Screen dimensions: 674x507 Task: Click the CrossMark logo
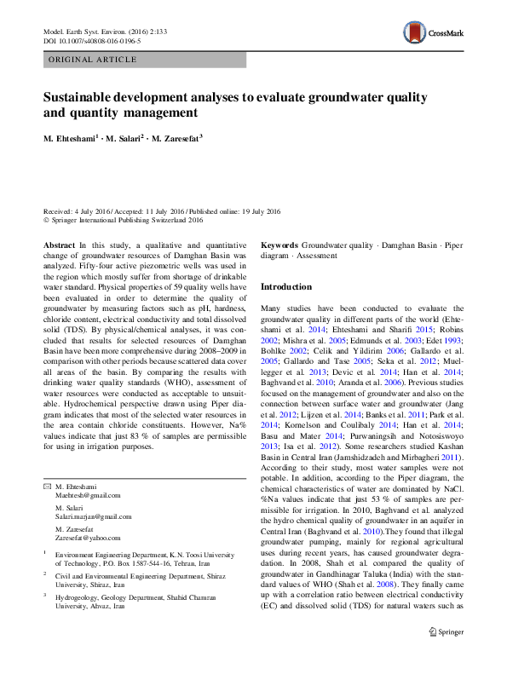433,34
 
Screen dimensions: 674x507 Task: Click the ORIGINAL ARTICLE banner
94,60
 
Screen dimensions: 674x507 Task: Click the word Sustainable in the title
81,98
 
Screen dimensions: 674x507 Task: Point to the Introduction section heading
286,287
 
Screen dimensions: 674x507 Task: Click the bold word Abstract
59,245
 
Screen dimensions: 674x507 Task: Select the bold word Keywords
279,245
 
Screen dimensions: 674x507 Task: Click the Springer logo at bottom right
446,655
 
